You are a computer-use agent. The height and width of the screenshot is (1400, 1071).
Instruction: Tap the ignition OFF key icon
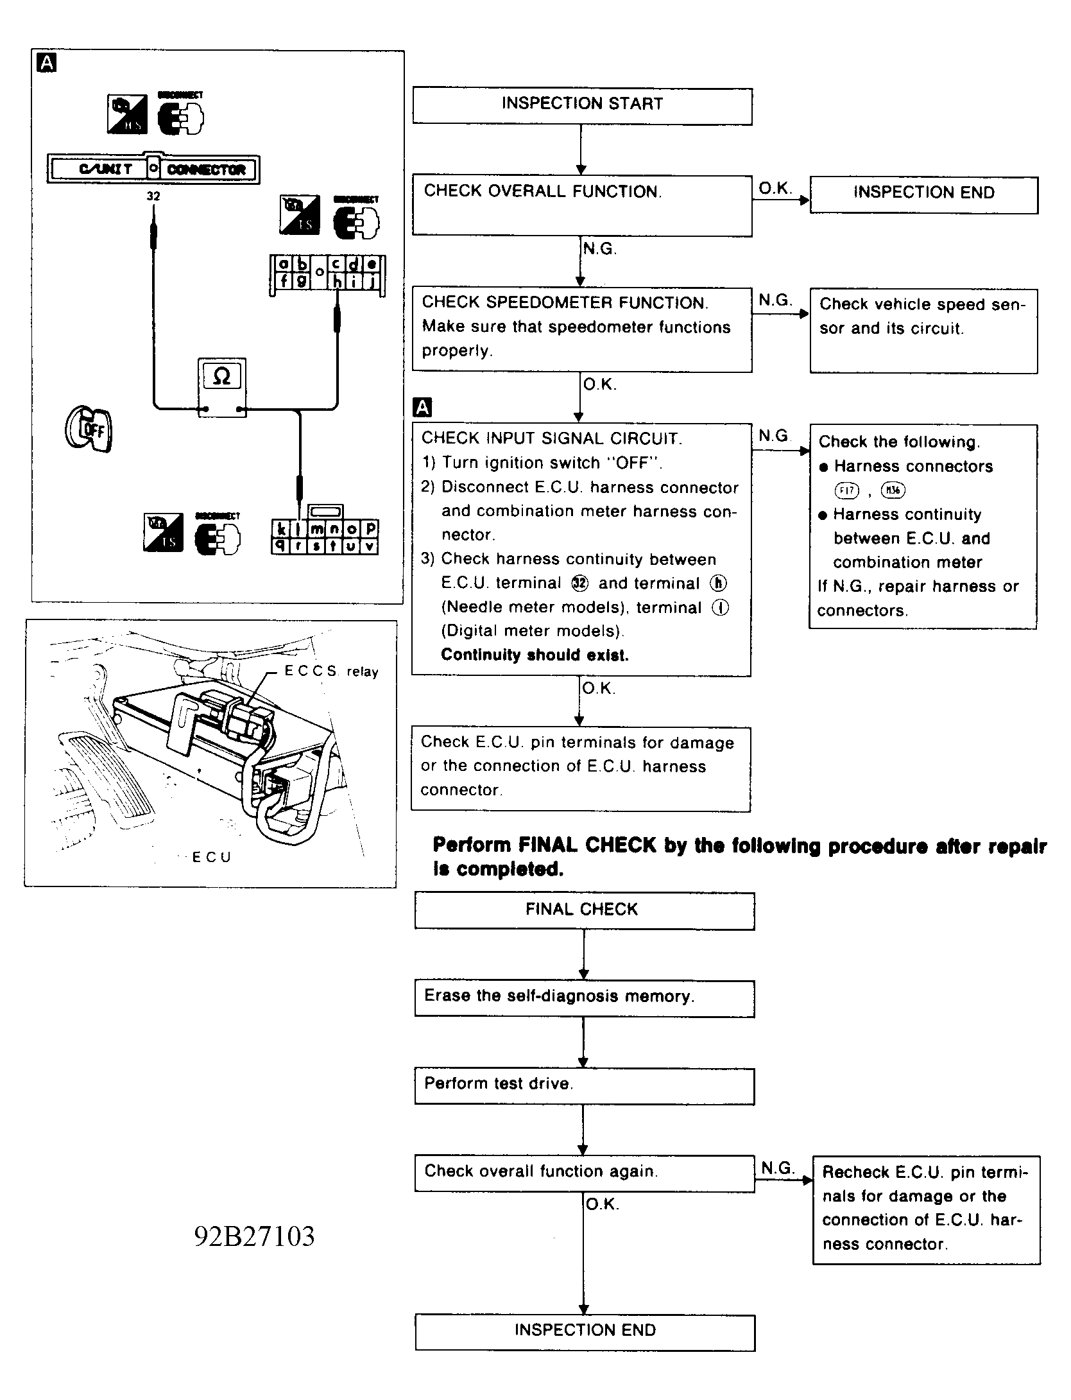pos(89,428)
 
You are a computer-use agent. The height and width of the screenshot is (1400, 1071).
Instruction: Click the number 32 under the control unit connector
pos(153,196)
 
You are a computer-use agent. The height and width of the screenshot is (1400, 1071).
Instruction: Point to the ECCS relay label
pos(331,671)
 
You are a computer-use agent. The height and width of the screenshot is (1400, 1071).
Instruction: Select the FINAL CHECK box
pos(584,910)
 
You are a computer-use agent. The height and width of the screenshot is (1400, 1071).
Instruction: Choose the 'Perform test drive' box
pos(584,1085)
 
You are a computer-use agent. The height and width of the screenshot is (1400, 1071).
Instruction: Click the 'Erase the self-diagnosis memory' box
pos(584,998)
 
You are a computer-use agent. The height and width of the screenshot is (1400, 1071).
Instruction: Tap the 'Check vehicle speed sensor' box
pos(923,330)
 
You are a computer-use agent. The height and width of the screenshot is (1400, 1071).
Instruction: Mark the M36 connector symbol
pos(893,491)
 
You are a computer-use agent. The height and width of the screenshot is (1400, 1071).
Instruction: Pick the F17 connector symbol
pos(846,491)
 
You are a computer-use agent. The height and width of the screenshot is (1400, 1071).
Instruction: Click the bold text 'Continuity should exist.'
pos(535,655)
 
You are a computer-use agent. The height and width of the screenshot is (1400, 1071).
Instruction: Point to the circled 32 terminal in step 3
pos(579,583)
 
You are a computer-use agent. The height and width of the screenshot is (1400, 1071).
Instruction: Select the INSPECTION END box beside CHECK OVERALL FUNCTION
pos(923,194)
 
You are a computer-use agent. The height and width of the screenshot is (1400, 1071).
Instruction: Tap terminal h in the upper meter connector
pos(338,281)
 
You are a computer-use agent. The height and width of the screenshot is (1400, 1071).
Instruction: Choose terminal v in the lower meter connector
pos(370,546)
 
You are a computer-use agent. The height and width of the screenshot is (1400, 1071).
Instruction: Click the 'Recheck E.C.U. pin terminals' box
pos(925,1209)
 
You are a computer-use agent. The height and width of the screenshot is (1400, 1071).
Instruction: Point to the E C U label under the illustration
pos(211,857)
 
